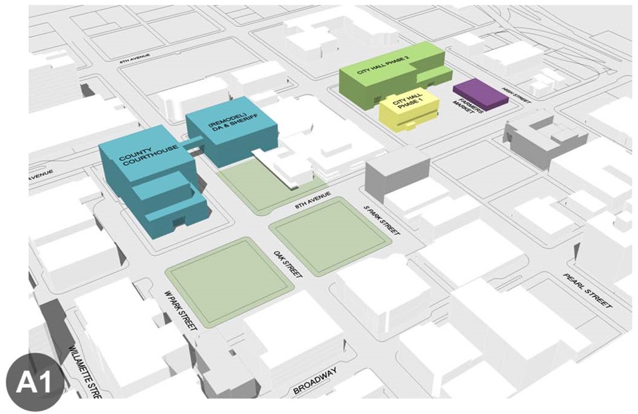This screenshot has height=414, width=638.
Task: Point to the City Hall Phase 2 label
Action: (x=383, y=67)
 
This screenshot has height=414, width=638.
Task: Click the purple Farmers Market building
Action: (x=479, y=92)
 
